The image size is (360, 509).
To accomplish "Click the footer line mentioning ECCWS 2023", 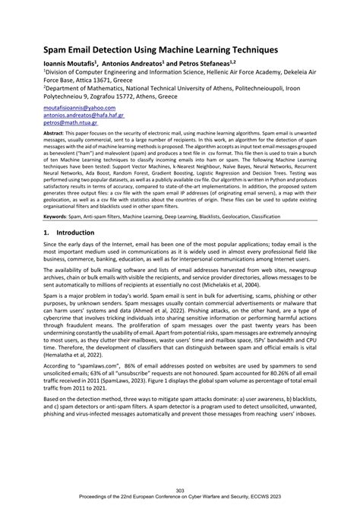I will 179,499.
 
